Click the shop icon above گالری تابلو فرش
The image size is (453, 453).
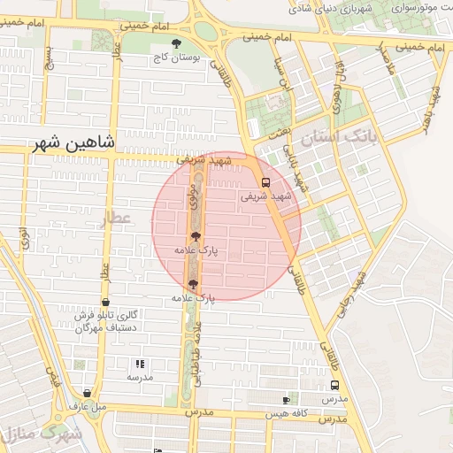[x=105, y=302]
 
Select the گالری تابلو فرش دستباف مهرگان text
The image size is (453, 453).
[x=105, y=321]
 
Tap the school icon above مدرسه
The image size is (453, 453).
[x=139, y=364]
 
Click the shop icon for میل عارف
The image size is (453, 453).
[x=87, y=393]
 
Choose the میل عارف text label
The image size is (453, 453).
[x=88, y=406]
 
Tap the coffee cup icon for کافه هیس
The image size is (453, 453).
[x=285, y=400]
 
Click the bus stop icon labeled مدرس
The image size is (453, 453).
[x=334, y=386]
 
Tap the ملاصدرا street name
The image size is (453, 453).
[x=383, y=61]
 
